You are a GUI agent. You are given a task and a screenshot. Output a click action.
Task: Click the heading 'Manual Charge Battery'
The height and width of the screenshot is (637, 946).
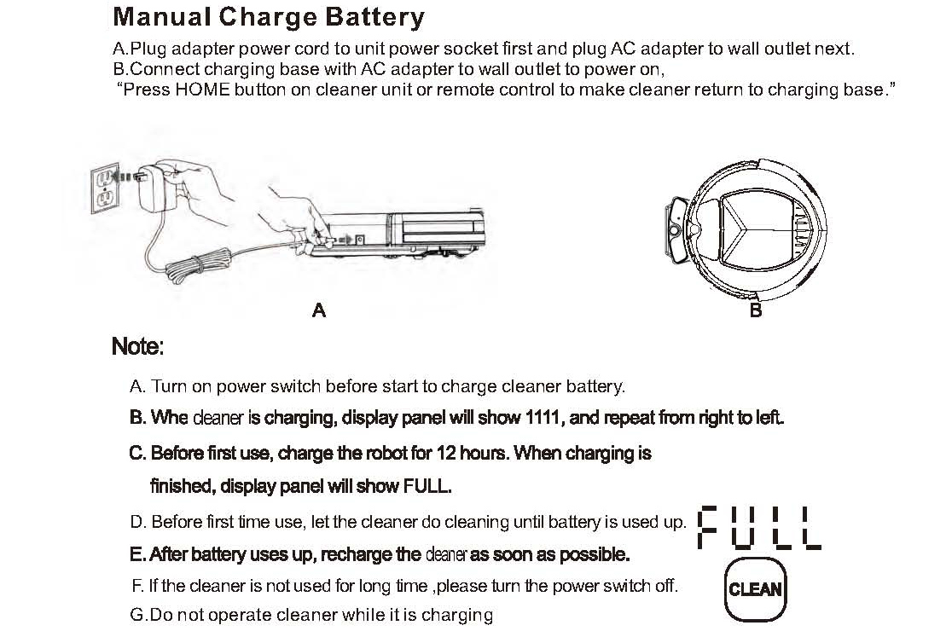268,17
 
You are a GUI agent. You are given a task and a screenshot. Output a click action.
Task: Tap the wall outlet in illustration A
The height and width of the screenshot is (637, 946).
102,189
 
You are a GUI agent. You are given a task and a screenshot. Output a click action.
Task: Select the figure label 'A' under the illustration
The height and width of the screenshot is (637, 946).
318,310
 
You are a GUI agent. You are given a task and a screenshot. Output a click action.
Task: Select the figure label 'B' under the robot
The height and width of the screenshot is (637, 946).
755,310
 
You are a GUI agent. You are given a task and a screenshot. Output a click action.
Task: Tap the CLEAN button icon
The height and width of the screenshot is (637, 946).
754,589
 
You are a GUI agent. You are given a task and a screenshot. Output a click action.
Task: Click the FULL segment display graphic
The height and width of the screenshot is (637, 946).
758,529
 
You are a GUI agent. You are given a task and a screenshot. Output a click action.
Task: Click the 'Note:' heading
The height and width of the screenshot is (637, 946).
137,348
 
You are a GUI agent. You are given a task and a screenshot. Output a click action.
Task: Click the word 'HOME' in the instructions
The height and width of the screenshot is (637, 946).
202,90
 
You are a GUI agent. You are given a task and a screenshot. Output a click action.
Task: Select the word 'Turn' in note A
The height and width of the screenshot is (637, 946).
169,386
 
